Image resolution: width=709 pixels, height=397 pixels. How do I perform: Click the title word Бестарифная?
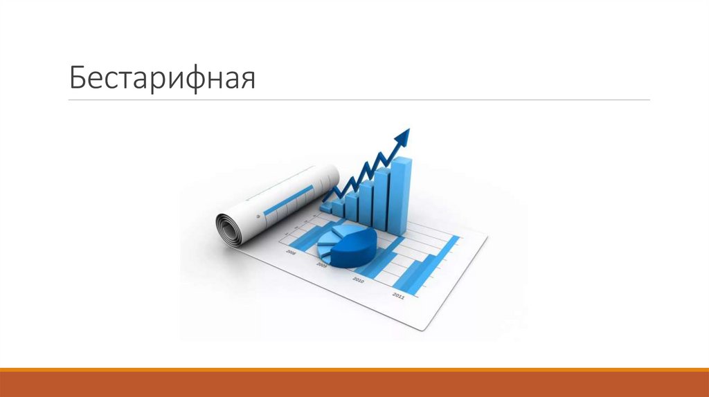(x=162, y=78)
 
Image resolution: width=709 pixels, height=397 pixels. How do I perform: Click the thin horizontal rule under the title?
(x=359, y=100)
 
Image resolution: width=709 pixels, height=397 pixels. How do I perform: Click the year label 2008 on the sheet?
(x=290, y=254)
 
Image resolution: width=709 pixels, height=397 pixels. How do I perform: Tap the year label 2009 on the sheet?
(x=322, y=265)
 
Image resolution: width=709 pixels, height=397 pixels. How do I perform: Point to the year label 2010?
(x=358, y=279)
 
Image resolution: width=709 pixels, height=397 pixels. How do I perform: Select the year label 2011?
(x=398, y=295)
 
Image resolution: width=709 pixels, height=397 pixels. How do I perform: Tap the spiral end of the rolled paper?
(x=228, y=228)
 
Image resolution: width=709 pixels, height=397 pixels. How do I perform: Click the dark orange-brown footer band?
(x=354, y=385)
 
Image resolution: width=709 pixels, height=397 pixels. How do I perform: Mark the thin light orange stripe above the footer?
(x=354, y=370)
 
